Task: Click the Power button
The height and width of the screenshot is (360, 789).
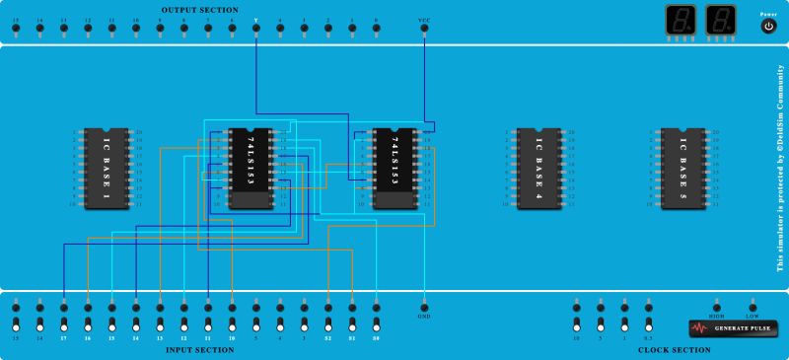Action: [x=769, y=27]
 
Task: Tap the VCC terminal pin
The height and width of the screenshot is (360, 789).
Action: [x=424, y=28]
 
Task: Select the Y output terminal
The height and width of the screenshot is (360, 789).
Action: [x=256, y=28]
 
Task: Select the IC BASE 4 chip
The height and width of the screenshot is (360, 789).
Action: [x=539, y=168]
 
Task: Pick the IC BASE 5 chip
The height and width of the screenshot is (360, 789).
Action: [x=682, y=168]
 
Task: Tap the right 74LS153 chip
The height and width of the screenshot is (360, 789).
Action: [x=395, y=168]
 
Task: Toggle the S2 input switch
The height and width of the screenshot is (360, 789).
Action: [x=328, y=324]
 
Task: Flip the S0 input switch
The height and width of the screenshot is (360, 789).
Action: [x=376, y=324]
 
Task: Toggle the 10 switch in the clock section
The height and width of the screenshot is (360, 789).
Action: [x=576, y=324]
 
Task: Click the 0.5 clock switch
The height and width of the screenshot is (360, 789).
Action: [x=648, y=324]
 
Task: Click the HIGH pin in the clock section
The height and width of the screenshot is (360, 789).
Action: [x=717, y=307]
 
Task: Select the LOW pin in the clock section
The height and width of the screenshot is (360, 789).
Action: [x=753, y=307]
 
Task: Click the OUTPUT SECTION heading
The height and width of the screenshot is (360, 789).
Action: [x=199, y=9]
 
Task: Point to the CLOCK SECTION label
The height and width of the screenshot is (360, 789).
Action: [x=675, y=350]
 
